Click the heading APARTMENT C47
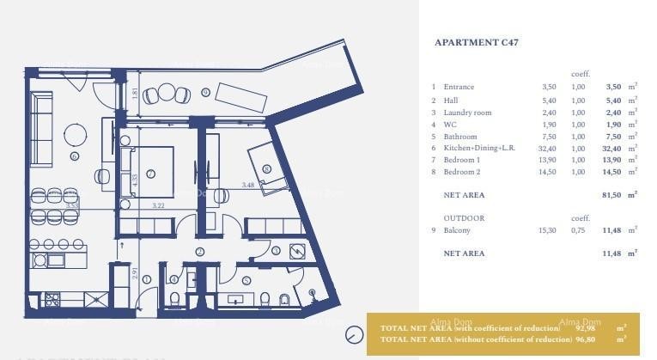coord(477,42)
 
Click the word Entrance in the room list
coord(459,87)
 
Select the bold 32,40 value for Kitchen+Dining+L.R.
coord(611,148)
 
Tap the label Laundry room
coord(467,112)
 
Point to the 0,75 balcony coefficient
coord(578,230)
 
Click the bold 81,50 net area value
coord(611,195)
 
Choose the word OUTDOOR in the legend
coord(464,218)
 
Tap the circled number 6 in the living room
coord(75,156)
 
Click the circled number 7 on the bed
coord(150,173)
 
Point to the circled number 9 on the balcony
coord(205,92)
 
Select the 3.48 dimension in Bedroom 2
coord(248,185)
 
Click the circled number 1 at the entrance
coord(147,279)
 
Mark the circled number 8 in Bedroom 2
coord(267,169)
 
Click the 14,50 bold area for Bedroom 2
coord(611,172)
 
